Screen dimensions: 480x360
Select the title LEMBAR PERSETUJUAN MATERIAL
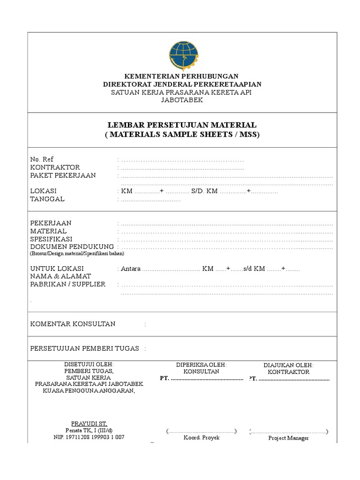(x=182, y=126)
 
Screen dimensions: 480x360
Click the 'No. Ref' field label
(x=38, y=159)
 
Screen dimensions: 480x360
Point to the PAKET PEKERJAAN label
(x=63, y=175)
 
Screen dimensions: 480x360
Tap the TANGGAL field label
(x=47, y=199)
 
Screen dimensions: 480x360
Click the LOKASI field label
(x=43, y=191)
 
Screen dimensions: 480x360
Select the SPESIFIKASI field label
(x=52, y=239)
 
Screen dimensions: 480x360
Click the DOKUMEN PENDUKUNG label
(x=72, y=247)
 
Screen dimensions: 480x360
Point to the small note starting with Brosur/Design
(x=77, y=253)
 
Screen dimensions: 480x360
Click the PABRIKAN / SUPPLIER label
(x=68, y=285)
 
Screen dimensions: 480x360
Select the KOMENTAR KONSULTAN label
(x=73, y=324)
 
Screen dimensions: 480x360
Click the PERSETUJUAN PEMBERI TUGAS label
(x=84, y=348)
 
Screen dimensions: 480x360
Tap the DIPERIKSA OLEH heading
(x=201, y=364)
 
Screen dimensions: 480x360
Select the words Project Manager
(x=288, y=438)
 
